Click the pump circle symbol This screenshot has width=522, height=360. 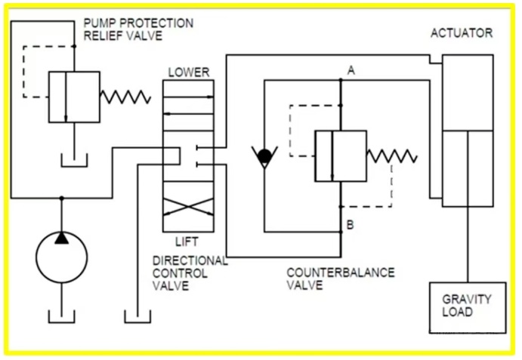click(x=62, y=257)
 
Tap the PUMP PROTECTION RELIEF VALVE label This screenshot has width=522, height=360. click(x=137, y=29)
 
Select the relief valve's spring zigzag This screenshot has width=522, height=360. click(x=126, y=97)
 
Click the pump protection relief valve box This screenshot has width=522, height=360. click(x=74, y=97)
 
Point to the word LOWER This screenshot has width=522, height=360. click(x=188, y=72)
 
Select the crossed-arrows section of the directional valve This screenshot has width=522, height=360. click(x=188, y=206)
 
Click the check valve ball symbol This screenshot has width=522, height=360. click(x=264, y=156)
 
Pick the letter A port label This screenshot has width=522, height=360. click(x=351, y=71)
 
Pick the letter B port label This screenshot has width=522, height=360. click(x=351, y=224)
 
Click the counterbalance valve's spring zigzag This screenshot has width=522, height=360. click(x=391, y=156)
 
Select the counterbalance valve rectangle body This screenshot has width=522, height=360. click(x=340, y=156)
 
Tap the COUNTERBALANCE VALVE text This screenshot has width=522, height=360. click(x=340, y=278)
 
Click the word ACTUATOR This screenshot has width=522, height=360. click(x=461, y=33)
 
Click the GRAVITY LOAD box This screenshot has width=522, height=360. click(x=467, y=306)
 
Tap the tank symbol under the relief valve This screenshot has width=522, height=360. click(x=74, y=159)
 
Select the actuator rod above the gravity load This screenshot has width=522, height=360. click(x=468, y=242)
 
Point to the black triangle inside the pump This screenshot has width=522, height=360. click(x=62, y=238)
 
